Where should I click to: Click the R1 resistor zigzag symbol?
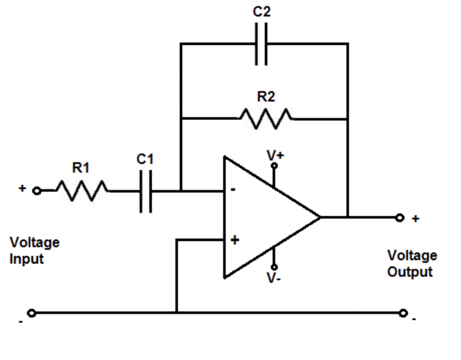(81, 191)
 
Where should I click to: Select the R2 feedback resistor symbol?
(265, 118)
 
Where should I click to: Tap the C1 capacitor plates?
(146, 191)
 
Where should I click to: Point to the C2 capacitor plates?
(261, 43)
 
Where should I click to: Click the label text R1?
(80, 168)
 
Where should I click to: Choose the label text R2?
(266, 96)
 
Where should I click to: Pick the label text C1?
(145, 159)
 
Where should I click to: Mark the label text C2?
(261, 12)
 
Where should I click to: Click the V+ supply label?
(275, 155)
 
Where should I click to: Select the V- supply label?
(273, 278)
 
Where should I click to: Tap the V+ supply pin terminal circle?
(274, 165)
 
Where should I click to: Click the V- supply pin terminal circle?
(274, 267)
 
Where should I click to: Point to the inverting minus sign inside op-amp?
(233, 190)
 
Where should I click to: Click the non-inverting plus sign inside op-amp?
(234, 240)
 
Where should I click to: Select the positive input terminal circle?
(37, 191)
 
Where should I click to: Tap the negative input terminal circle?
(31, 313)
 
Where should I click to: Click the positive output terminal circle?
(400, 218)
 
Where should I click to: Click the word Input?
(26, 259)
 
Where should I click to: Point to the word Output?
(410, 272)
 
